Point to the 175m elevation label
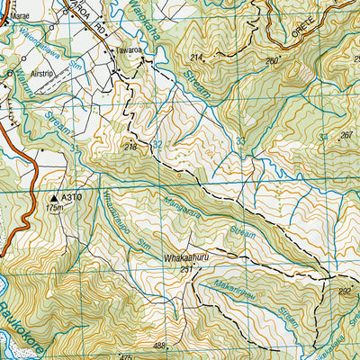[55, 208]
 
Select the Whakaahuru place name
[186, 257]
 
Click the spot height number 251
[187, 268]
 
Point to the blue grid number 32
[158, 144]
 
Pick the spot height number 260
[272, 61]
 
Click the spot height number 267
[346, 135]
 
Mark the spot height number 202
[344, 291]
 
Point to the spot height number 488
[160, 346]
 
